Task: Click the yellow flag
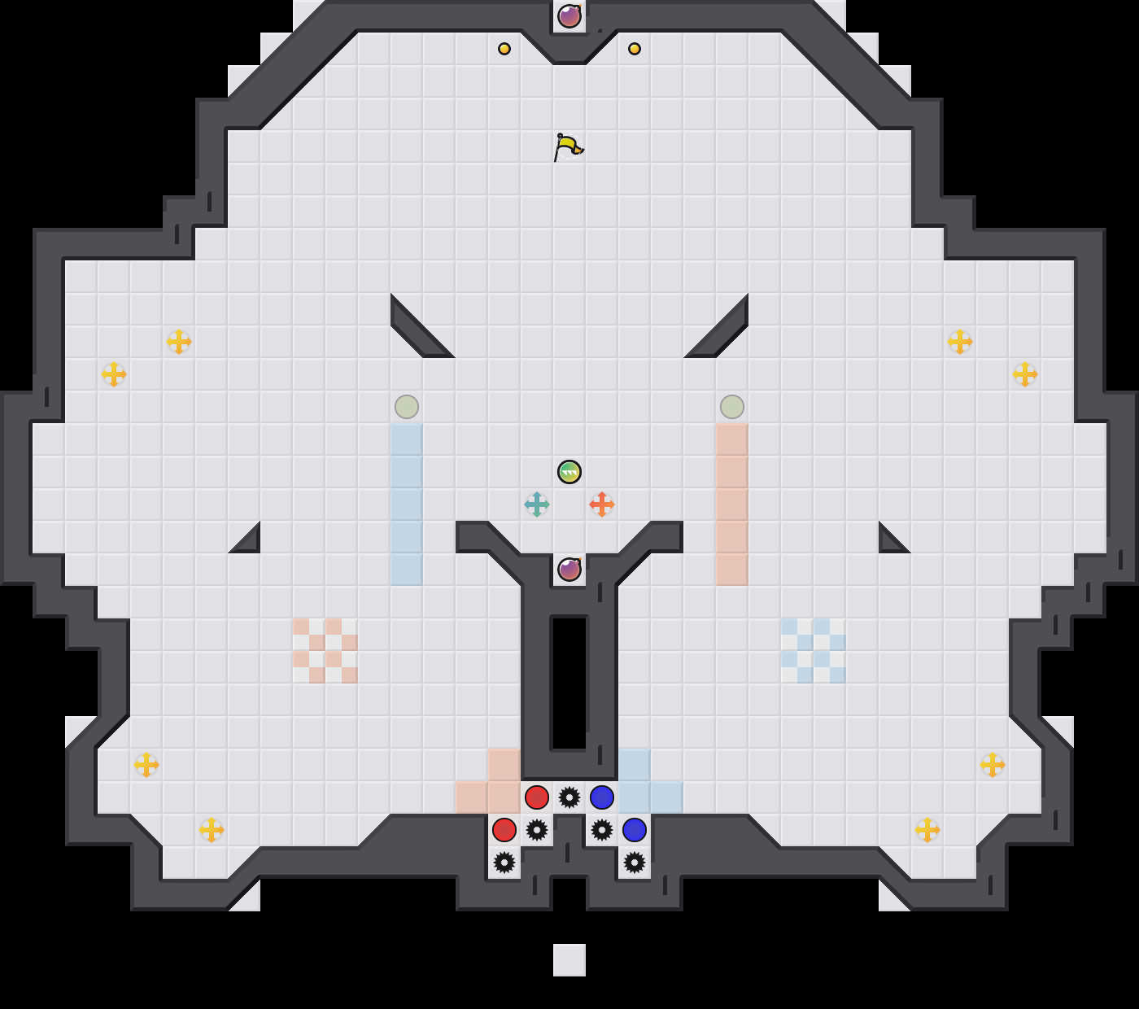pyautogui.click(x=568, y=147)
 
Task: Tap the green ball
pyautogui.click(x=569, y=472)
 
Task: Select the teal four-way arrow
pyautogui.click(x=537, y=504)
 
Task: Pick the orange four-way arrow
pyautogui.click(x=602, y=504)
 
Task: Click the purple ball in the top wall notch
pyautogui.click(x=569, y=16)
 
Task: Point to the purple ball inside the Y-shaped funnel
pyautogui.click(x=569, y=570)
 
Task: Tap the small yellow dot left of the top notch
pyautogui.click(x=504, y=49)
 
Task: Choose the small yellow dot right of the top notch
pyautogui.click(x=635, y=49)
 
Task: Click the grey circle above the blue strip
pyautogui.click(x=407, y=407)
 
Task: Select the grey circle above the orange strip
pyautogui.click(x=732, y=407)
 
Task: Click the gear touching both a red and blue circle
pyautogui.click(x=569, y=797)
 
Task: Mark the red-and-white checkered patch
pyautogui.click(x=325, y=651)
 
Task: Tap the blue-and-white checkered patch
pyautogui.click(x=814, y=651)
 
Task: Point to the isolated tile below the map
pyautogui.click(x=569, y=960)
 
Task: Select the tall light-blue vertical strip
pyautogui.click(x=407, y=504)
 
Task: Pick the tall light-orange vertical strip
pyautogui.click(x=732, y=504)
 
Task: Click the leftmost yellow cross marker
pyautogui.click(x=114, y=374)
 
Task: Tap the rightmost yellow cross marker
pyautogui.click(x=1025, y=374)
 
